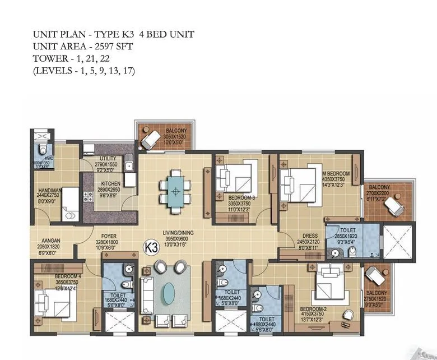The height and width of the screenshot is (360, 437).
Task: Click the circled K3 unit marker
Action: pos(150,246)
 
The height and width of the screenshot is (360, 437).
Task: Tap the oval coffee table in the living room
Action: pos(169,292)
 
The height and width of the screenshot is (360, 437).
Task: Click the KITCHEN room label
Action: pos(111,184)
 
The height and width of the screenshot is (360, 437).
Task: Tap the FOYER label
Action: pos(109,237)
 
